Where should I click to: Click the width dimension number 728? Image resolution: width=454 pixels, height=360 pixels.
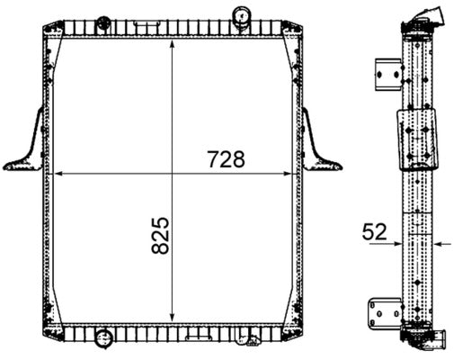tap(226, 159)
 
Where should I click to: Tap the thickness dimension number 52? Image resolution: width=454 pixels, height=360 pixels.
tap(375, 231)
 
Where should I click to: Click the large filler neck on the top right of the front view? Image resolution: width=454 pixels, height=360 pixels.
tap(242, 15)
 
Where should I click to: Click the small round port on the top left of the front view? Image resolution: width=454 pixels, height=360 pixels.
tap(102, 20)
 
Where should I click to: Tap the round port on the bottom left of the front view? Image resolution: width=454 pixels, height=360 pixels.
tap(102, 340)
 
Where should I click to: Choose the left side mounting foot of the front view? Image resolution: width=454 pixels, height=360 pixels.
tap(26, 144)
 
